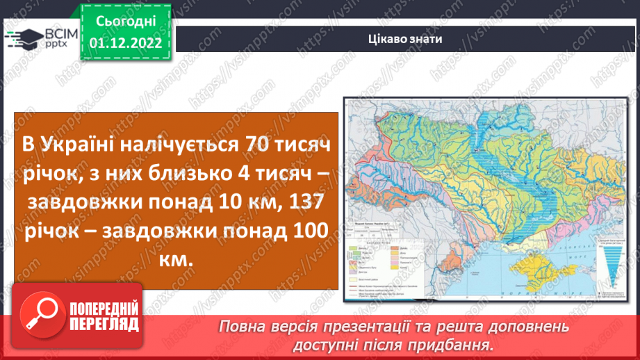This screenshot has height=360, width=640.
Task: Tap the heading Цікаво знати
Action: click(405, 39)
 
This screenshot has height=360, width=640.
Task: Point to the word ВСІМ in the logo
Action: click(58, 33)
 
